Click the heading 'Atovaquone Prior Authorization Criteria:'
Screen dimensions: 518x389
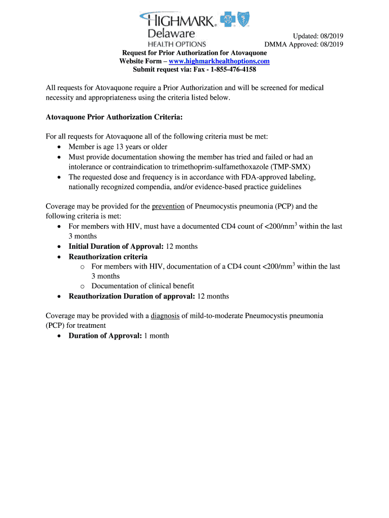click(x=114, y=117)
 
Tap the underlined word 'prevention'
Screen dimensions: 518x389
click(x=168, y=206)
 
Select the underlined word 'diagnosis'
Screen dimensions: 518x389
click(x=165, y=316)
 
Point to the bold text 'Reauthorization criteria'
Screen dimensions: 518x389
click(x=108, y=256)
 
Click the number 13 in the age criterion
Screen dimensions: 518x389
click(x=121, y=147)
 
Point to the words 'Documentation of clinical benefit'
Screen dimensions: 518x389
click(x=142, y=286)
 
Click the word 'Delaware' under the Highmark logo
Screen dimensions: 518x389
click(x=171, y=34)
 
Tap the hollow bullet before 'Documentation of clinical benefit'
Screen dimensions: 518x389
click(x=83, y=286)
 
